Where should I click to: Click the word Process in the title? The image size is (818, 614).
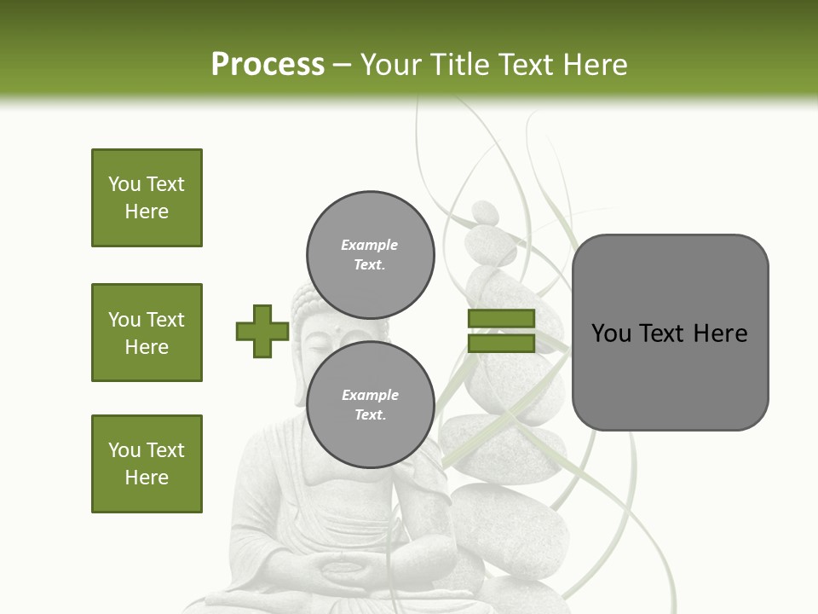click(x=268, y=65)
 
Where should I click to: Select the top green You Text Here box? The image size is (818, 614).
click(x=147, y=198)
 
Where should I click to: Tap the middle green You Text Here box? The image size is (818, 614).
click(x=147, y=333)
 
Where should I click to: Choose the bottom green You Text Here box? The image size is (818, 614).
click(x=147, y=463)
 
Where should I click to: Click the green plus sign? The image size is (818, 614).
click(x=262, y=331)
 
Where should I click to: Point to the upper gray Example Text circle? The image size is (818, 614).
click(x=370, y=254)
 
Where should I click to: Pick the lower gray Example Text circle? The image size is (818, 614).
click(x=370, y=404)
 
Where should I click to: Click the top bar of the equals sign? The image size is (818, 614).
click(x=501, y=318)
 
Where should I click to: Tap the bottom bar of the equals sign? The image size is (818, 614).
click(x=501, y=343)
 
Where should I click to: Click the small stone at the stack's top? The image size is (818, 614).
click(x=485, y=212)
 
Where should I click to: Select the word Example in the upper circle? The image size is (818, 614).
click(x=369, y=245)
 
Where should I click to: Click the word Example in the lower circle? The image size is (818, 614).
click(x=370, y=395)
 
